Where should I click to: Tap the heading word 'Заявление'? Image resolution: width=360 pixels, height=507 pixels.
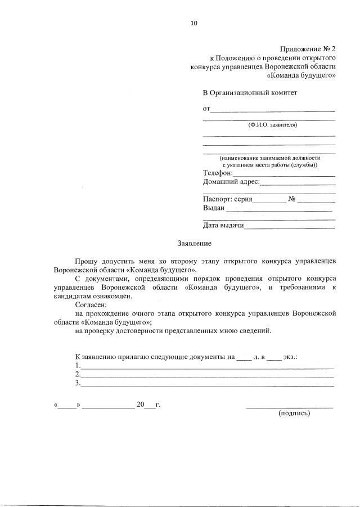(x=194, y=244)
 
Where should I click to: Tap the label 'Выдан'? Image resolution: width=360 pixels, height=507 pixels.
(x=214, y=208)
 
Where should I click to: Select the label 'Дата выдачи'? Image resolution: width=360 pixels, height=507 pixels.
(x=223, y=226)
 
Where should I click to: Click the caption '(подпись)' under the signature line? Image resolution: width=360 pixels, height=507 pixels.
(x=294, y=412)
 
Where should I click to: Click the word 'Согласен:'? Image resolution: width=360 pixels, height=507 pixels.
(x=91, y=304)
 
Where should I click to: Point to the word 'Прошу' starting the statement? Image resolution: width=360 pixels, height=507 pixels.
(x=86, y=262)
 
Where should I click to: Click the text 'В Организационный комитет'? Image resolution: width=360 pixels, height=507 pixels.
(x=249, y=92)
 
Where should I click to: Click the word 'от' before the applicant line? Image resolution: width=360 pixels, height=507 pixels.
(x=206, y=107)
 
